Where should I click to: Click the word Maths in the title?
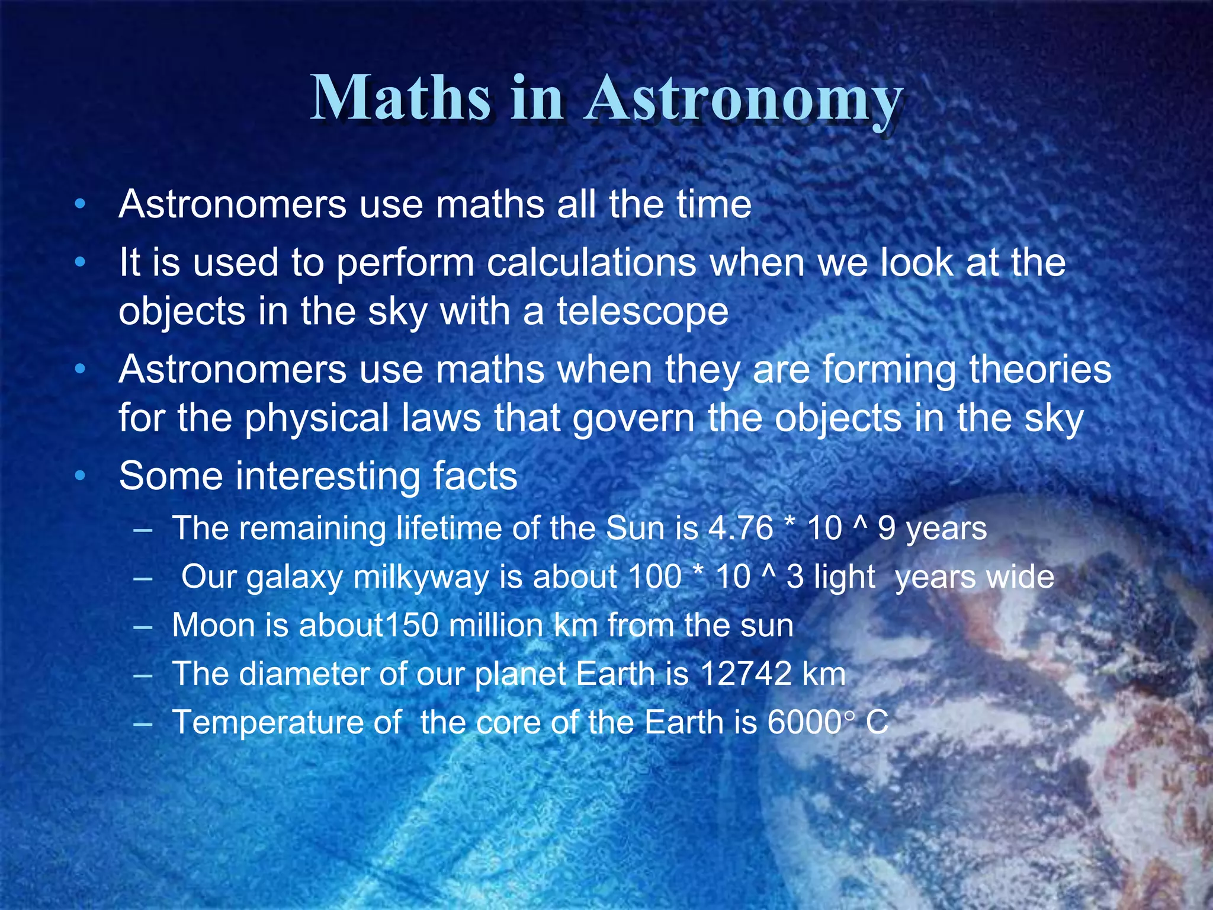click(x=400, y=98)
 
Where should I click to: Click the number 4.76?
click(x=740, y=528)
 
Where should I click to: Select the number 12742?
click(x=746, y=674)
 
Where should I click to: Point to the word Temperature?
click(x=266, y=723)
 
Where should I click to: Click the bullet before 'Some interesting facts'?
click(x=81, y=476)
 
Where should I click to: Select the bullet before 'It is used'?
click(x=81, y=262)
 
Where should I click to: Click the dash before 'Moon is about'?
click(x=143, y=626)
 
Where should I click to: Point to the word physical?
click(x=317, y=418)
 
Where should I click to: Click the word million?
click(x=495, y=626)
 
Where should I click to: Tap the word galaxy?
click(x=294, y=578)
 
